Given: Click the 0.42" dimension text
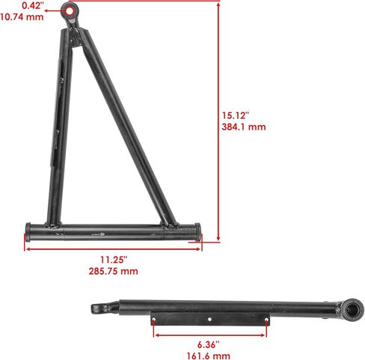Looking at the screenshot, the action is [33, 5].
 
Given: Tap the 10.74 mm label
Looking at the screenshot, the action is [22, 17].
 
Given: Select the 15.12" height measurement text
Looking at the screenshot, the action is [236, 115].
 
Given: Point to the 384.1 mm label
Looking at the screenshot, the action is [244, 126].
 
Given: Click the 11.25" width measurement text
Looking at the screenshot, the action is [114, 260].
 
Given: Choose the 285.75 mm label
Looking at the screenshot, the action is [113, 271].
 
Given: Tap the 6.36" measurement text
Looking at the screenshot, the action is [209, 345].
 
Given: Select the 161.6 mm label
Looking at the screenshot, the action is [209, 356].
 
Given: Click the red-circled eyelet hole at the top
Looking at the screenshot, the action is [70, 11].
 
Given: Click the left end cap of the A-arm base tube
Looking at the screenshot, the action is [28, 232].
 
